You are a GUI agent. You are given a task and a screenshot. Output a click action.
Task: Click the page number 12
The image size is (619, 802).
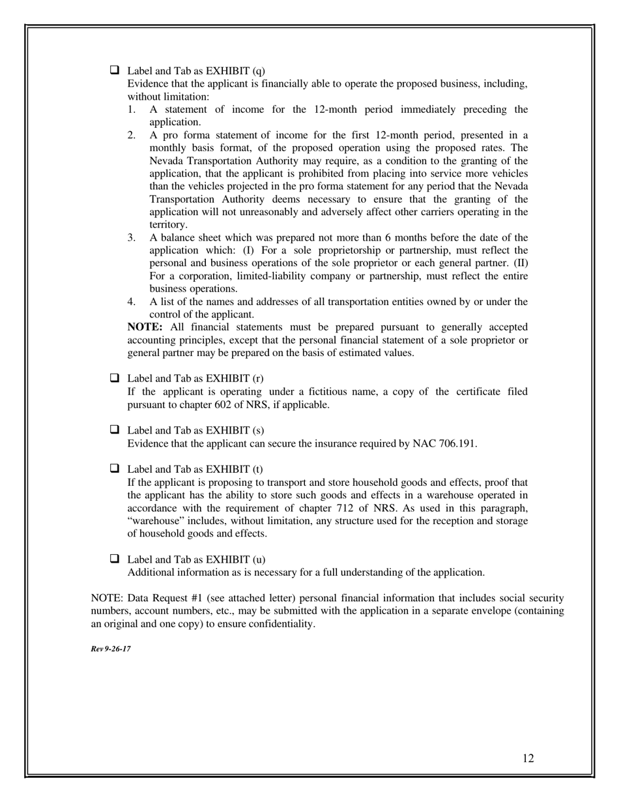pos(528,758)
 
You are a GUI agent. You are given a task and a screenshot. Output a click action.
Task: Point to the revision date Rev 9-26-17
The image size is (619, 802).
pos(111,649)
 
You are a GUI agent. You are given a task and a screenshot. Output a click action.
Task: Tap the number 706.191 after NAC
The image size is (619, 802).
pos(457,444)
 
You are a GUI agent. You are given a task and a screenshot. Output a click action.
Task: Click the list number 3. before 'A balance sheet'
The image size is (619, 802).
pos(132,238)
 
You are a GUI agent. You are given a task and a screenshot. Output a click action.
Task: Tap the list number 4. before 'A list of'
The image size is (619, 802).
pos(132,302)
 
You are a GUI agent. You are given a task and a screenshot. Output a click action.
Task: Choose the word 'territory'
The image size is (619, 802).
pos(167,224)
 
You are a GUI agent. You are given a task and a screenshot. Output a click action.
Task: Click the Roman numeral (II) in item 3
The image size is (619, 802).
pos(521,263)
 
